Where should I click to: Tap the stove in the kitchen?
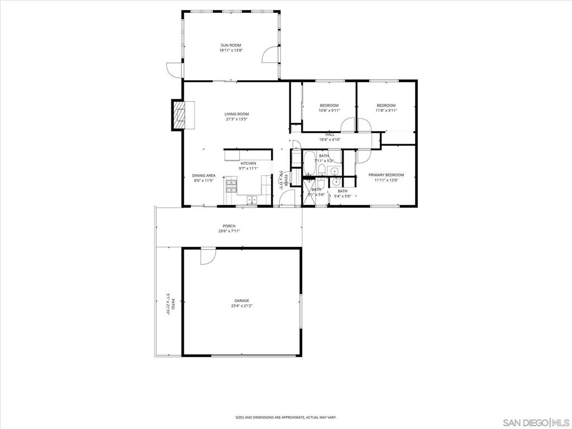point(231,185)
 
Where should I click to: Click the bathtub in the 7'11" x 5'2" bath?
point(309,163)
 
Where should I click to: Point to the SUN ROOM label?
point(231,45)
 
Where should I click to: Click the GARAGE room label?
point(241,301)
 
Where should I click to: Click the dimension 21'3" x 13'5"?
point(236,119)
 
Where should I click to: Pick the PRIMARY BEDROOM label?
point(386,175)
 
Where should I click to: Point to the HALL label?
point(330,134)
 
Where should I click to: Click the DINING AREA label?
point(204,175)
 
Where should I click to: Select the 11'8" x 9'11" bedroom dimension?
point(386,111)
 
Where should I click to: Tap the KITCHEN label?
point(248,163)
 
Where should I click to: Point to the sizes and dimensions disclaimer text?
point(285,417)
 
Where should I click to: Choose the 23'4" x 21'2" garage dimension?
point(241,306)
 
